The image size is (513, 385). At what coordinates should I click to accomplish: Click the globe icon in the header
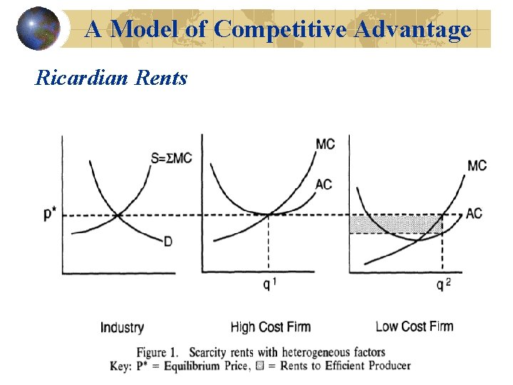coord(38,28)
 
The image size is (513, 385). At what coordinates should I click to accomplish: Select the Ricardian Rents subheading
coord(111,77)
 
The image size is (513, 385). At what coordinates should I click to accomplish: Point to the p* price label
coord(51,214)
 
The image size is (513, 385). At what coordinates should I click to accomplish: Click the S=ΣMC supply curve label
coord(172,158)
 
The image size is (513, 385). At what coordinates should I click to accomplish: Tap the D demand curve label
coord(168,242)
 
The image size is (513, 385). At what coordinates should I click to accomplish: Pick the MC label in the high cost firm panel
coord(325,145)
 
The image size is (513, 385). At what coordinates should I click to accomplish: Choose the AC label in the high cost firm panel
coord(323,185)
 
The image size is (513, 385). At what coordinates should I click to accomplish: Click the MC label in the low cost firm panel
coord(477,165)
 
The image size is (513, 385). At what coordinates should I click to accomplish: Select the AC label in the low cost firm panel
coord(474,213)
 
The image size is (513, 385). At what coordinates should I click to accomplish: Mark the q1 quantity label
coord(269,285)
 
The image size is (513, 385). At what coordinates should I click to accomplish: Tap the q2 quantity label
coord(443,285)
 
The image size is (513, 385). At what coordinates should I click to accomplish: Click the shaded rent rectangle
coord(385,224)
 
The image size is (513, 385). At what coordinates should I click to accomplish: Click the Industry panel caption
coord(122,327)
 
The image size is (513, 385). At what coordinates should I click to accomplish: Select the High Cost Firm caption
coord(271,327)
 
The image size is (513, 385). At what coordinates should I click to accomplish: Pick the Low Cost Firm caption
coord(414,327)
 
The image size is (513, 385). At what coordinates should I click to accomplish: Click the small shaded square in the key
coord(259,366)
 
